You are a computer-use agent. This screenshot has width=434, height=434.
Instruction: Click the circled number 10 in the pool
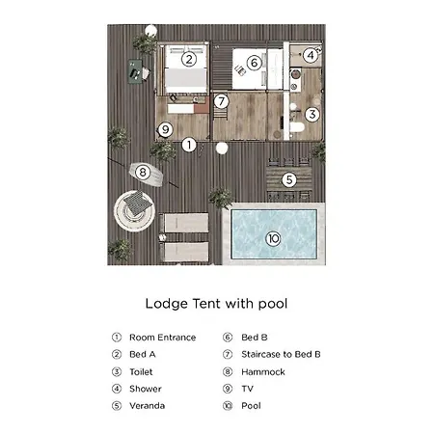coord(273,238)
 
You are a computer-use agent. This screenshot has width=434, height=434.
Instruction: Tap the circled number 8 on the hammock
coord(143,172)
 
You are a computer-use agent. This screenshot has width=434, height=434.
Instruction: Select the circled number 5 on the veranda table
coord(289,179)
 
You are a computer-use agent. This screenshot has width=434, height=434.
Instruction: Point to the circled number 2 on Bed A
coord(189,59)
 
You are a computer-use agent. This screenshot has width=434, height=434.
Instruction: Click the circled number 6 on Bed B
coord(255,63)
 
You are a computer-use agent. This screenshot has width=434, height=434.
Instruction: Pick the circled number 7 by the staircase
coord(221,101)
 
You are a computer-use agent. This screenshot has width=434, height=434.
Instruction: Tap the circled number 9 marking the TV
coord(165,129)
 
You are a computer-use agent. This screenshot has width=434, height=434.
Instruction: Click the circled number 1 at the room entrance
coord(189,145)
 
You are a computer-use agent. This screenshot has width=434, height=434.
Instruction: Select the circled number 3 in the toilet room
coord(312,114)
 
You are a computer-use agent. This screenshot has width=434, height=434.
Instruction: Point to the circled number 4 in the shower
coord(311,55)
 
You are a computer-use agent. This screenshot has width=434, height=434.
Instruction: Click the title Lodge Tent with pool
coord(216,304)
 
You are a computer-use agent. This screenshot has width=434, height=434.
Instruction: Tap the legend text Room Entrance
coord(163,338)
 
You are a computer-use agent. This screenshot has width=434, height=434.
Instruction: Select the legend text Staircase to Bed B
coord(281,354)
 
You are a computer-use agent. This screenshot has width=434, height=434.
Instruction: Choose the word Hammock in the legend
coord(263,372)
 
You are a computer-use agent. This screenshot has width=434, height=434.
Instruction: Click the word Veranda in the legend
coord(148,406)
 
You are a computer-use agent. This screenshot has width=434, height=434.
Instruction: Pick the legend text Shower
coord(146,389)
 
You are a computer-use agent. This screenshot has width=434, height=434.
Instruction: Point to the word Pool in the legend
coord(251,406)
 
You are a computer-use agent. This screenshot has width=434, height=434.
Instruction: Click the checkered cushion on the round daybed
coord(138,203)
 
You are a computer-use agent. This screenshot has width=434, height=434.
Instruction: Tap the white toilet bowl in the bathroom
coord(297,127)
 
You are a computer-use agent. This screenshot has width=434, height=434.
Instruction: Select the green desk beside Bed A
coord(135,71)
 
